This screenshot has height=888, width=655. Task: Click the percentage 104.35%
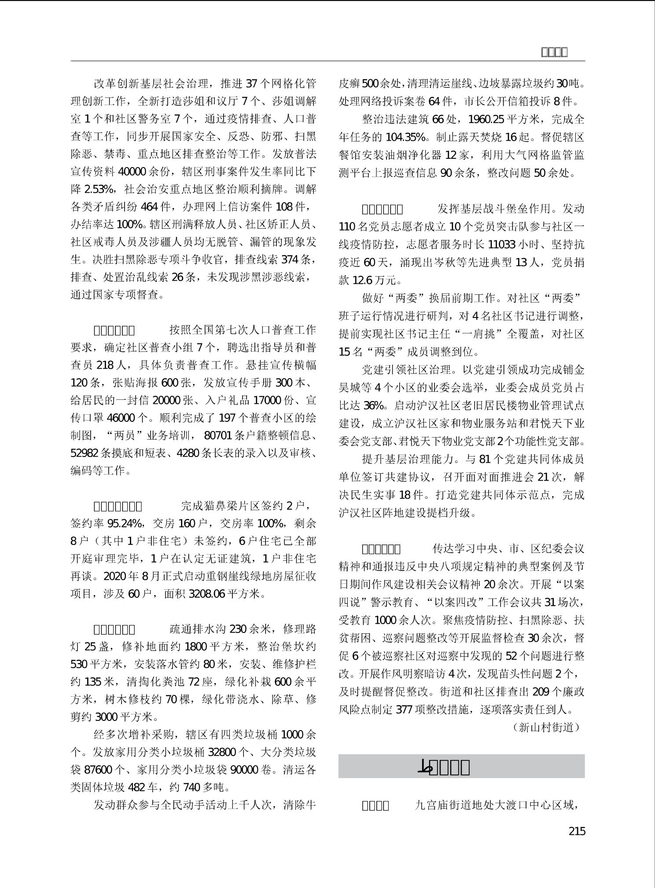click(x=405, y=137)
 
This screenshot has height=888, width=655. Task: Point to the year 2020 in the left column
click(x=114, y=577)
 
